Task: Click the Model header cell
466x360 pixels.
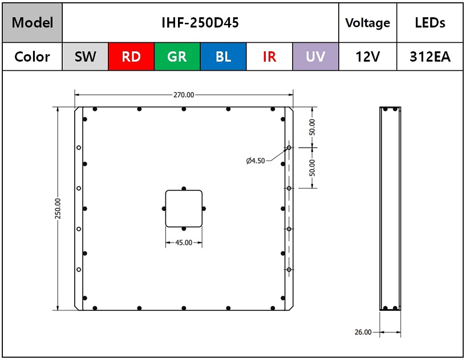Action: (33, 23)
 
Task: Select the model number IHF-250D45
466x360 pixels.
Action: (200, 23)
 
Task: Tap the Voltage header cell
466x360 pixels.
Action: (368, 23)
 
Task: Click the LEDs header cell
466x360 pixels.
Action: (429, 23)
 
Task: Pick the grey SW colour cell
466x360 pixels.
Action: (86, 56)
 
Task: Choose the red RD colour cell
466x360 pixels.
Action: (131, 56)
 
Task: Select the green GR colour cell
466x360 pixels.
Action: (177, 56)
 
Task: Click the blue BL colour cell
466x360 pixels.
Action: (223, 56)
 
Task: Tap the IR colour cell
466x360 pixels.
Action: (269, 56)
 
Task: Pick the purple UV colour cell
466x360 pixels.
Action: (315, 56)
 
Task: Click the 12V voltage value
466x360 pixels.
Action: (368, 56)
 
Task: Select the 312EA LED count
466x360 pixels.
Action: (429, 56)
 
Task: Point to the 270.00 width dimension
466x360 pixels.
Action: (184, 95)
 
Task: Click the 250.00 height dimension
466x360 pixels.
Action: (58, 208)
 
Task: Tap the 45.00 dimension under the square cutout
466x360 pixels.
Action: (184, 242)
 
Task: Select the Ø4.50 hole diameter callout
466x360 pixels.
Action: (256, 161)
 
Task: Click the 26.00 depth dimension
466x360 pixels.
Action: (363, 332)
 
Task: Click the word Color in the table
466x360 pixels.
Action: (32, 56)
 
